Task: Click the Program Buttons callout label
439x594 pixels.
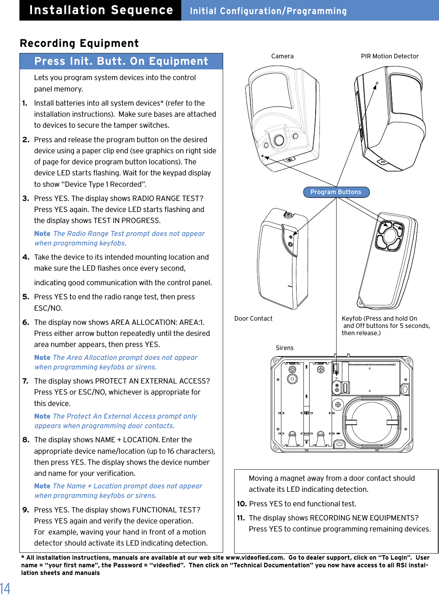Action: [x=336, y=192]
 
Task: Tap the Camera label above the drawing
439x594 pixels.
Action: [x=282, y=56]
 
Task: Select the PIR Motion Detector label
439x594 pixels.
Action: [x=390, y=56]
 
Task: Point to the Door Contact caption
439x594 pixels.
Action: [x=253, y=318]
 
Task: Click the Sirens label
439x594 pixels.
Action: [x=284, y=348]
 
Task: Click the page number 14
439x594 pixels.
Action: [x=5, y=588]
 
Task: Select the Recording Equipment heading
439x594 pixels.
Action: [x=79, y=43]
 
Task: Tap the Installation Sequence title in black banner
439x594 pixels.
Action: [x=101, y=10]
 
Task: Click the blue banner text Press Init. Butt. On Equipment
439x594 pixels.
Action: [x=121, y=61]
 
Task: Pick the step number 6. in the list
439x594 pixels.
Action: [x=26, y=322]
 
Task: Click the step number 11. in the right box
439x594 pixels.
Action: [x=241, y=518]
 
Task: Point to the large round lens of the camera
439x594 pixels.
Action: [x=279, y=140]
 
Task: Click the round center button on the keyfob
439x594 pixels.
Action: [x=390, y=236]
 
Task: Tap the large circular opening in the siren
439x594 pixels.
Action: [x=372, y=422]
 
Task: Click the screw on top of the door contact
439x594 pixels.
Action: [x=288, y=215]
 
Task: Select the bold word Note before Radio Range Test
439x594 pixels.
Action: [x=42, y=234]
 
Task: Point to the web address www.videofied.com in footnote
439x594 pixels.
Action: [x=255, y=557]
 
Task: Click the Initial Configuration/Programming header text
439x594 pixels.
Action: [x=268, y=11]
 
